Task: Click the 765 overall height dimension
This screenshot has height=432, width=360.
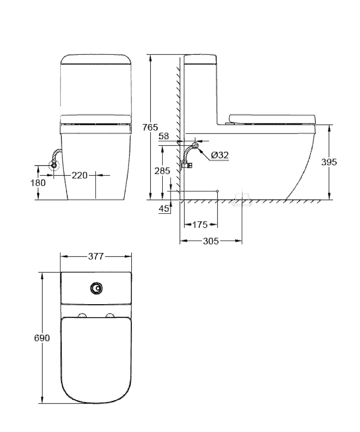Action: point(150,127)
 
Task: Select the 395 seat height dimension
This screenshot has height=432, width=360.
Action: point(329,162)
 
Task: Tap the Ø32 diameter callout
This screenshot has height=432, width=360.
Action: point(220,156)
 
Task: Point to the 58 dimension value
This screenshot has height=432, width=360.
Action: point(164,136)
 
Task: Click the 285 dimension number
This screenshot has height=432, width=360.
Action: point(162,171)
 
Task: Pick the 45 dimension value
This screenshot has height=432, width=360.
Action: point(164,209)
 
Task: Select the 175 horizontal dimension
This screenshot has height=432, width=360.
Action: point(200,225)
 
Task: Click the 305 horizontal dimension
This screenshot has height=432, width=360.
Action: point(211,241)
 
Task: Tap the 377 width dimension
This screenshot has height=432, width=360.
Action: point(96,257)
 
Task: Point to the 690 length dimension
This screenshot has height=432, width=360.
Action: point(42,338)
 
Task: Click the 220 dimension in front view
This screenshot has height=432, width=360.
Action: point(79,175)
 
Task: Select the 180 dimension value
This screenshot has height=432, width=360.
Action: point(38,183)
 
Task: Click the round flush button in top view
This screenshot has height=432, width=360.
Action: point(96,289)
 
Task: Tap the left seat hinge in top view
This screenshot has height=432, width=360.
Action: point(82,315)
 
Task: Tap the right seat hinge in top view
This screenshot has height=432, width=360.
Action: point(111,315)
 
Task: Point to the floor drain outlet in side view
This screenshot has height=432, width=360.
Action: point(242,200)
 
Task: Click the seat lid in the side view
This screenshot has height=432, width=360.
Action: point(272,119)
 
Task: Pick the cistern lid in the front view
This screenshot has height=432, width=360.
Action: point(96,59)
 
